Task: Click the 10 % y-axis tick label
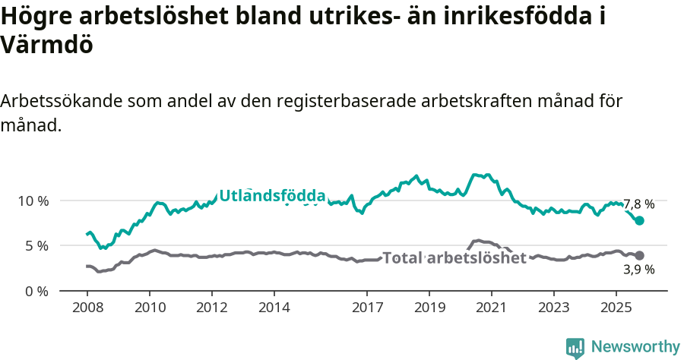tap(33, 201)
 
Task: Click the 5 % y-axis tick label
tap(36, 246)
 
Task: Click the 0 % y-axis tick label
tap(36, 291)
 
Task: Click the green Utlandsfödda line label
tap(272, 196)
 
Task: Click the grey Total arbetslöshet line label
tap(454, 258)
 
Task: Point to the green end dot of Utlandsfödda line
tap(640, 220)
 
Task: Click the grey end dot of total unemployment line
tap(640, 256)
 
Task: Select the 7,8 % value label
tap(638, 204)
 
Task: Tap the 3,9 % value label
tap(638, 270)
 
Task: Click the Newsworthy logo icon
tap(575, 347)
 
